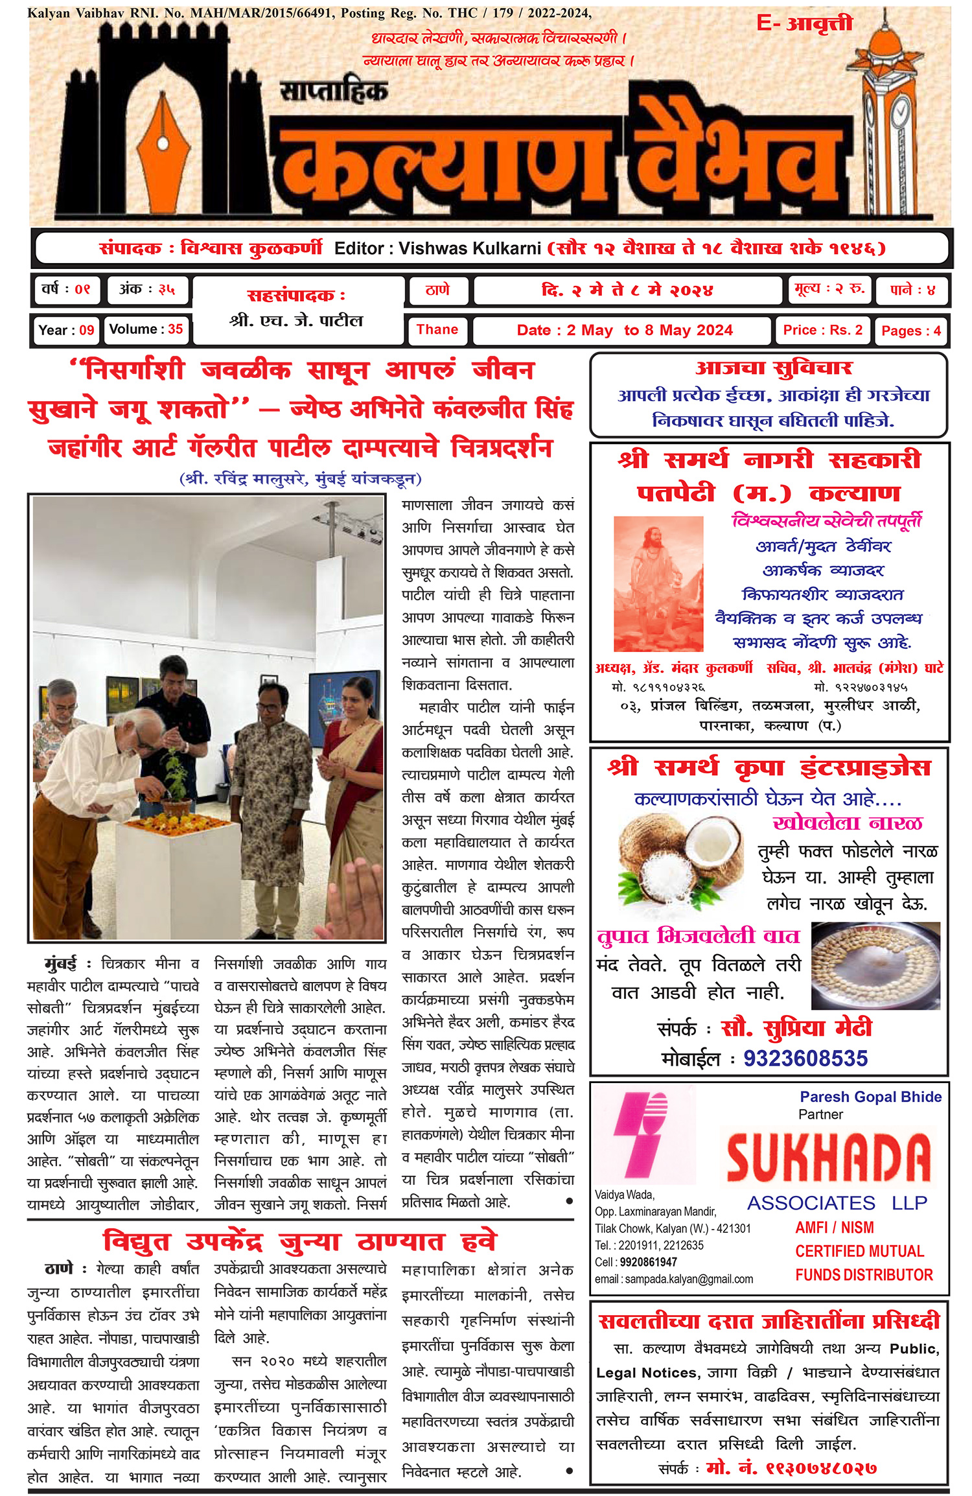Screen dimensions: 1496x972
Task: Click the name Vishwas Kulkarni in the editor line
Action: pos(469,249)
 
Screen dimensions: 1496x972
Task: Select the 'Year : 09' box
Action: pos(66,330)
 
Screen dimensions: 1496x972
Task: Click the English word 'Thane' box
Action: pos(437,330)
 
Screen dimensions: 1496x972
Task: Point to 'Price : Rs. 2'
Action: pos(822,331)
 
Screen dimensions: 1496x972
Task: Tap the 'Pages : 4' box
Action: pos(910,331)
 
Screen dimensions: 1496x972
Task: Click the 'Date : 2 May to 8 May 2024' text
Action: pos(624,331)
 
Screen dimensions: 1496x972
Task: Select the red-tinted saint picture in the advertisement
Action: pos(658,583)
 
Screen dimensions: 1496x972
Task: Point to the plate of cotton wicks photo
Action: pos(875,964)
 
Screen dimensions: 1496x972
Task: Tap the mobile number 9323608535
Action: pos(805,1058)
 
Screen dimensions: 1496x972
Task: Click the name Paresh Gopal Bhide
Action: pos(870,1097)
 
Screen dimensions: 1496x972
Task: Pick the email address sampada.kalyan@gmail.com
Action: pos(674,1279)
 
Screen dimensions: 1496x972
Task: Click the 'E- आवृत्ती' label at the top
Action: pos(804,24)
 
